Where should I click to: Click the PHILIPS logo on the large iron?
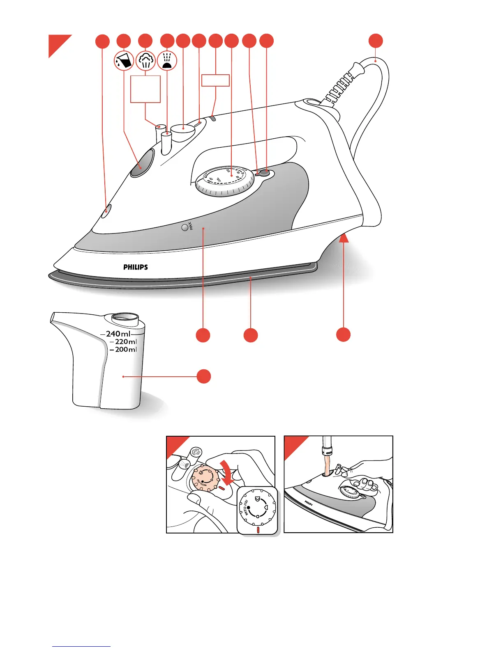point(136,267)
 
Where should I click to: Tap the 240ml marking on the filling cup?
point(118,334)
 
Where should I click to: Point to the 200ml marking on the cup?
point(125,350)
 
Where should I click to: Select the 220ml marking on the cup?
point(125,342)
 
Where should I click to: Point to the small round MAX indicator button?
point(185,227)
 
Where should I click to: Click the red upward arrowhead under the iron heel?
point(344,237)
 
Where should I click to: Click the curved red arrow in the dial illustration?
point(228,471)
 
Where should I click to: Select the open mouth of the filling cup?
point(125,317)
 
